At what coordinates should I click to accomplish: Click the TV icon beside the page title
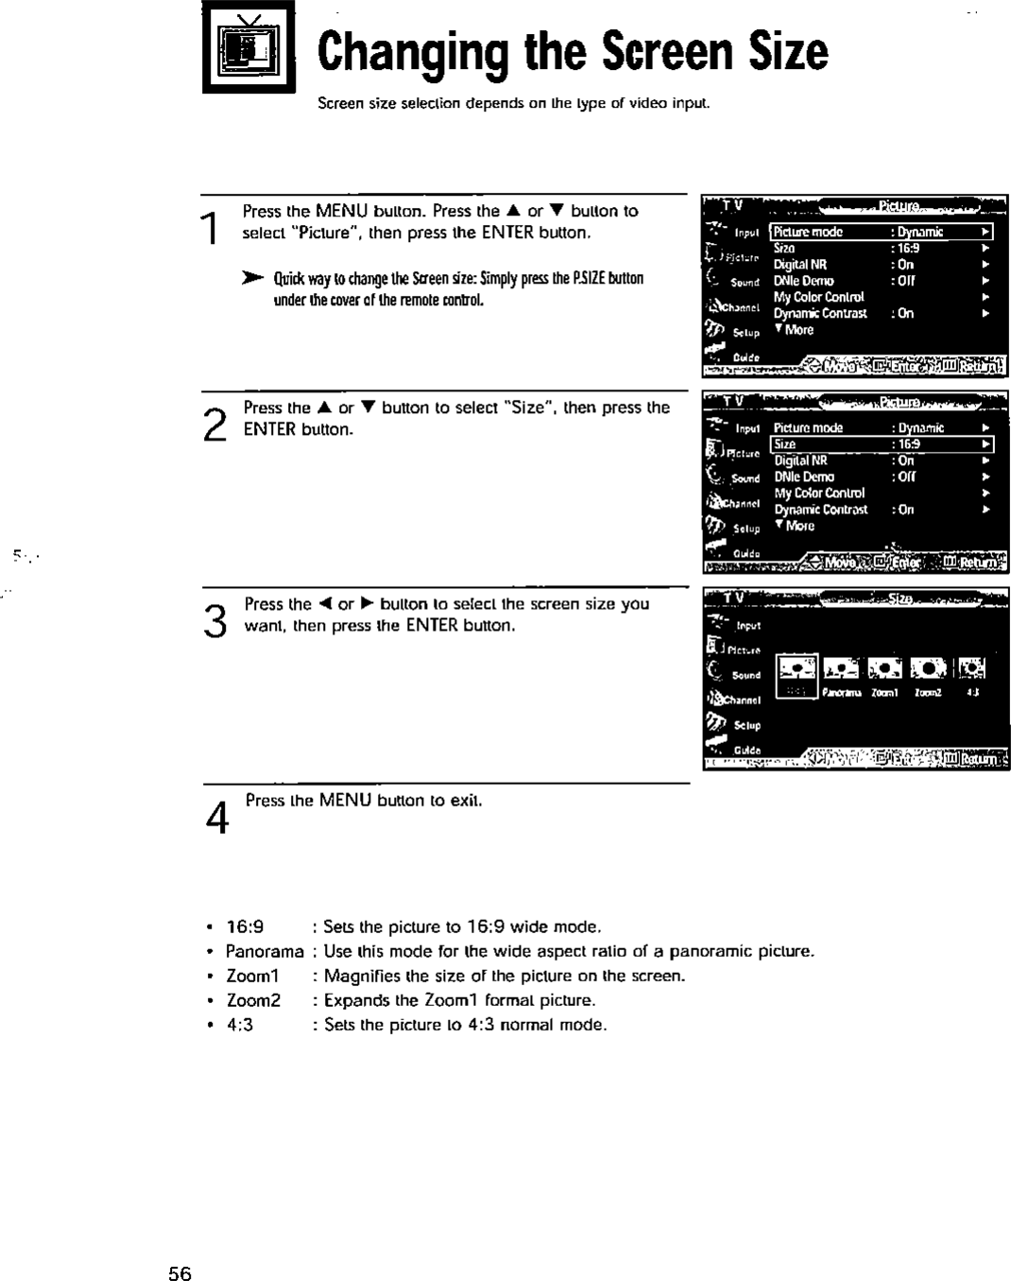249,48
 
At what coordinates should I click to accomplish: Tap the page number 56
180,1273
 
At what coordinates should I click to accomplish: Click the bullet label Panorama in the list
265,951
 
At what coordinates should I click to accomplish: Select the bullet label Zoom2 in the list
253,1000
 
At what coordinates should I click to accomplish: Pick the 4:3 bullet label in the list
240,1025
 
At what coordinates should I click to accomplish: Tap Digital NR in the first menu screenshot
799,265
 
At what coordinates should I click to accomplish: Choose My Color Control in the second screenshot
819,493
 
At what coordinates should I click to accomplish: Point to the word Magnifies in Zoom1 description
359,976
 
